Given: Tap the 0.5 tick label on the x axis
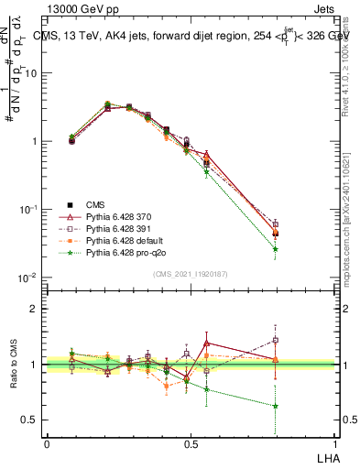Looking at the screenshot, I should pos(190,444).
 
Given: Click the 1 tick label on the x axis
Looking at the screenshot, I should pos(333,444).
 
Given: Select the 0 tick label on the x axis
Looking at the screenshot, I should pos(47,444).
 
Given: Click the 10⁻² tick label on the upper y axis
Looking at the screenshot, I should pos(30,278).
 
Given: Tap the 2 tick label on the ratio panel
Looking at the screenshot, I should pos(35,309).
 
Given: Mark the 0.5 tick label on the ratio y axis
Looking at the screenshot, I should pos(31,420).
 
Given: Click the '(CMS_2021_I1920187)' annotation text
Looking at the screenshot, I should pos(191,274).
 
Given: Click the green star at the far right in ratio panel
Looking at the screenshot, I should pos(276,406).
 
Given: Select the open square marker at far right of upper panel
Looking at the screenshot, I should pos(276,224).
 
